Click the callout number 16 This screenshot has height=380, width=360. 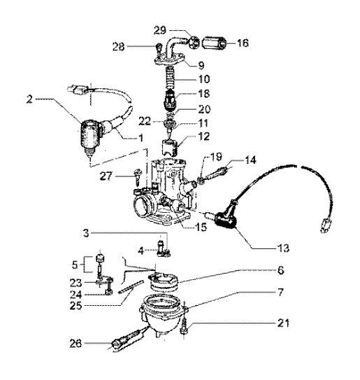[x=243, y=42]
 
